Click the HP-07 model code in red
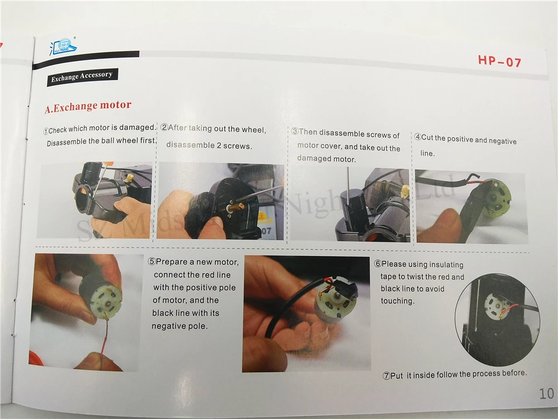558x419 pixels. [x=499, y=61]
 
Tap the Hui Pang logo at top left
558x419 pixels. [x=63, y=46]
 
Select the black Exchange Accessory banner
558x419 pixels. [x=82, y=77]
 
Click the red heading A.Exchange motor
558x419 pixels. [x=88, y=106]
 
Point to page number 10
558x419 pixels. [x=547, y=394]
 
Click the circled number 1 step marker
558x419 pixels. [x=46, y=131]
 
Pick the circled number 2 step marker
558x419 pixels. [x=164, y=127]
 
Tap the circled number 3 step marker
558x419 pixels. [x=295, y=131]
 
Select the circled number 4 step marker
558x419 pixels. [x=418, y=137]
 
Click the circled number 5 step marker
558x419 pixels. [x=152, y=261]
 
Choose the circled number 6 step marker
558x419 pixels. [x=378, y=264]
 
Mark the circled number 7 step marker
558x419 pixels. [x=387, y=376]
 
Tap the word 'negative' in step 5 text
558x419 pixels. [x=167, y=326]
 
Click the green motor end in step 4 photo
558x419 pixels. [x=497, y=196]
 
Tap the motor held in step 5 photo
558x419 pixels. [x=102, y=295]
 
